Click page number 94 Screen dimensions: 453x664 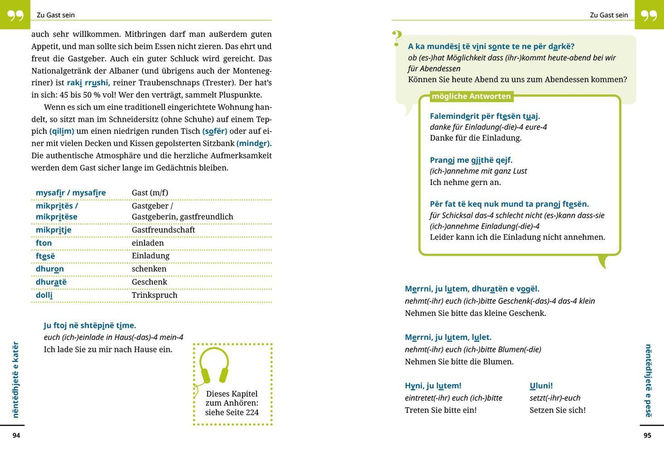16,435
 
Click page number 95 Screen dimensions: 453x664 647,435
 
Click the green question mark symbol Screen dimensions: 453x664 396,38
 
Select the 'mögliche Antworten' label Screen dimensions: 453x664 471,96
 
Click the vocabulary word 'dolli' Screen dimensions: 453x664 44,295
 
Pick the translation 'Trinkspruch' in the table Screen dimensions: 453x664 154,295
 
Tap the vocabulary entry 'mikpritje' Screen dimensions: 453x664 53,230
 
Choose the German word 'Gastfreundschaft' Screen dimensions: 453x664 163,230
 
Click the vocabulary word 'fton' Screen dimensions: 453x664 44,243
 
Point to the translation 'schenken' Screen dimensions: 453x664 149,269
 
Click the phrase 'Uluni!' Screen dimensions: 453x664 541,385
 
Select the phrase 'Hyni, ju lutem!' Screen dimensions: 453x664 433,385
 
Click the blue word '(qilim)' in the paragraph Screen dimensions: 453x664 62,131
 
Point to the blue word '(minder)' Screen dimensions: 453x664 254,143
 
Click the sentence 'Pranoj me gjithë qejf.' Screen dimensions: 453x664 471,160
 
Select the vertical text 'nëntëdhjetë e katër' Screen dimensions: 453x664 15,380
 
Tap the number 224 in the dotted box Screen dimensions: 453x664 252,412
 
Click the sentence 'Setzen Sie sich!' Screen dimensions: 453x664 557,410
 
